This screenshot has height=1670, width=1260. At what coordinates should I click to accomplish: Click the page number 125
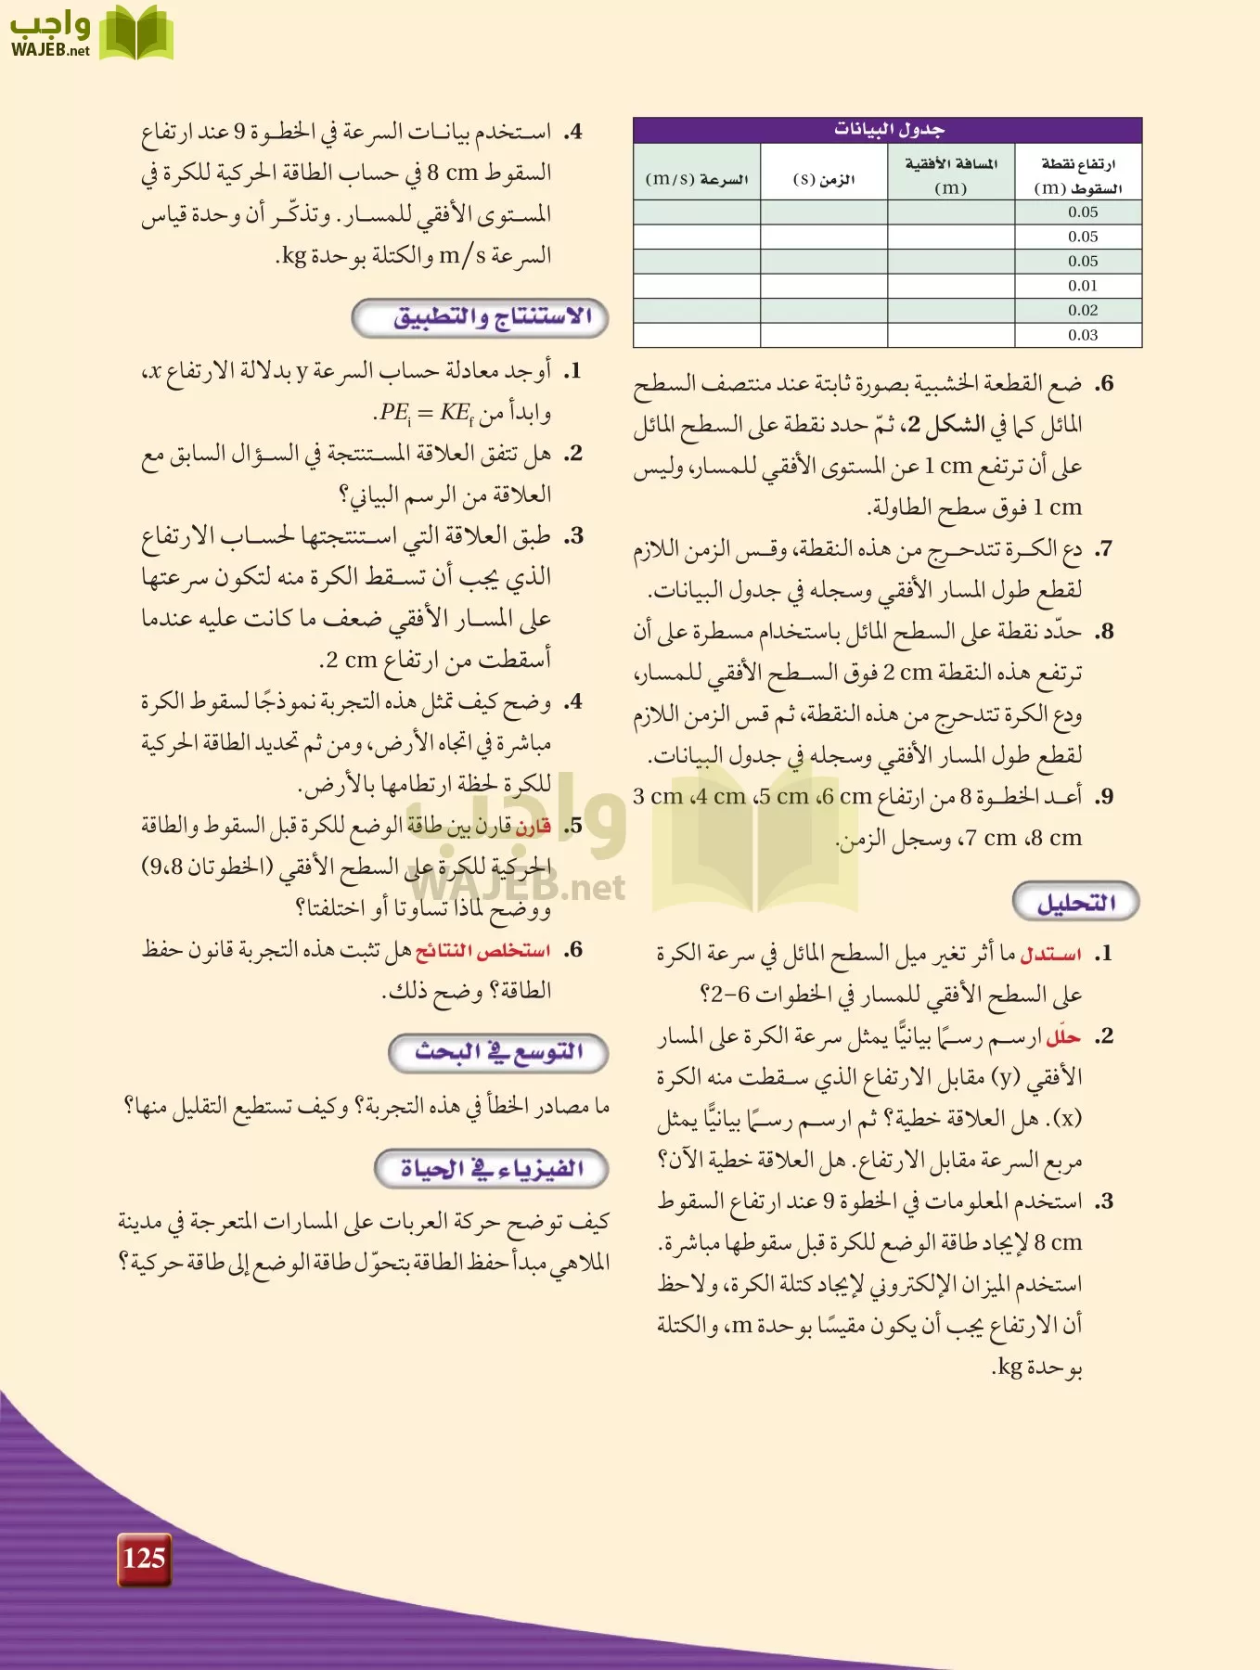[144, 1558]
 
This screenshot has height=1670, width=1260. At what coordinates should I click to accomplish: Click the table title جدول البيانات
[888, 130]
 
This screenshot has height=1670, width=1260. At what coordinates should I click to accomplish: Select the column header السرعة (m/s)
[697, 179]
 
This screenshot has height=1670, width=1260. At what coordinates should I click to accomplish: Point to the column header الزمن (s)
[823, 179]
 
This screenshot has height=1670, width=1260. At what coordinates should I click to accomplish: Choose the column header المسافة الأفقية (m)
[951, 174]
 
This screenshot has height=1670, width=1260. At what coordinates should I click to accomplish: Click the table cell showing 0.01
[1082, 286]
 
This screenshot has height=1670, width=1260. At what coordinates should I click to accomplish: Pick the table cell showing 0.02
[1082, 311]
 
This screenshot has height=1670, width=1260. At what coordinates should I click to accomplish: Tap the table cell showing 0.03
[1082, 335]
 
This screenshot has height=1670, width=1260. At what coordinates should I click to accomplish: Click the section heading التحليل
[1075, 903]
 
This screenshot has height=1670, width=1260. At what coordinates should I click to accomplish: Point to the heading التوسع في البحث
[498, 1052]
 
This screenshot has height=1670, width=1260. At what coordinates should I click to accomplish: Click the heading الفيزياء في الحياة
[491, 1168]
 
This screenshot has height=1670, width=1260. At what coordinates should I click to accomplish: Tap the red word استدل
[1050, 954]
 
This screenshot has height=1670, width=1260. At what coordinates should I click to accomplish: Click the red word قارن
[534, 826]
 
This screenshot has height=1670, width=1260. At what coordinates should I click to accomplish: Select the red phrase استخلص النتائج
[482, 950]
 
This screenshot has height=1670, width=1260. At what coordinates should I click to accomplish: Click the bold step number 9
[1103, 797]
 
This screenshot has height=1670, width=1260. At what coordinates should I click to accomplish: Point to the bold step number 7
[1103, 549]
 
